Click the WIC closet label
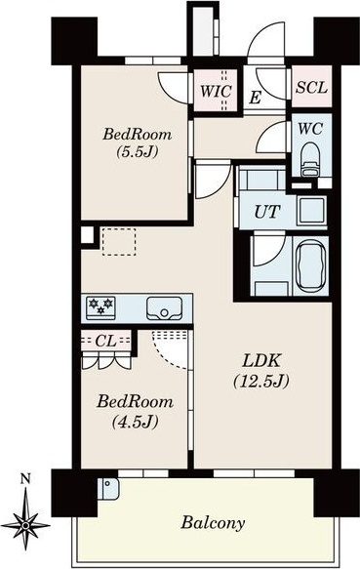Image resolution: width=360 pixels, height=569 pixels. [x=216, y=91]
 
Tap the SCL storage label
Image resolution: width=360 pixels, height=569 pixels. [x=312, y=88]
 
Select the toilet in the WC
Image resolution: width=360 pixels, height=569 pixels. [x=310, y=159]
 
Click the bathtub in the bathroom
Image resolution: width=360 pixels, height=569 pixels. [x=310, y=267]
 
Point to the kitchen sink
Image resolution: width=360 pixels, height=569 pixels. [x=165, y=308]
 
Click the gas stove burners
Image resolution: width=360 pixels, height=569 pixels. [x=100, y=307]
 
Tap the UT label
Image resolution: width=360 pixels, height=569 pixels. [x=267, y=212]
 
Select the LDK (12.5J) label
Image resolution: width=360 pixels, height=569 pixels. [x=261, y=371]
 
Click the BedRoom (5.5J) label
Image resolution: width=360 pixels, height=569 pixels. [x=138, y=142]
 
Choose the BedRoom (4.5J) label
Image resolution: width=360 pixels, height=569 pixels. [x=135, y=411]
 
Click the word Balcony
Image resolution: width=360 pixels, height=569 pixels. [x=213, y=523]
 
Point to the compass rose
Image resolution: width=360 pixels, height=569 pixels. [x=25, y=524]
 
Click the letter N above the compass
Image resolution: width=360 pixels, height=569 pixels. [x=25, y=479]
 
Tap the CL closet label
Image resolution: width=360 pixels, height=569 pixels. [x=105, y=341]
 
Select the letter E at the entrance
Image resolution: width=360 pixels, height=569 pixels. [x=255, y=98]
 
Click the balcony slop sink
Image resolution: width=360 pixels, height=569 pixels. [x=108, y=488]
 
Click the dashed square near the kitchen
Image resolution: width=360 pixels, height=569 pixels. [x=119, y=242]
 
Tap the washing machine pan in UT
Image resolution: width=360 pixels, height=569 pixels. [x=312, y=211]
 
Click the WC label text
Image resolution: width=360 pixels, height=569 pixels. [x=310, y=129]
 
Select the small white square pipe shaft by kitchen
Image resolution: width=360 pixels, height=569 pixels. [x=87, y=235]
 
